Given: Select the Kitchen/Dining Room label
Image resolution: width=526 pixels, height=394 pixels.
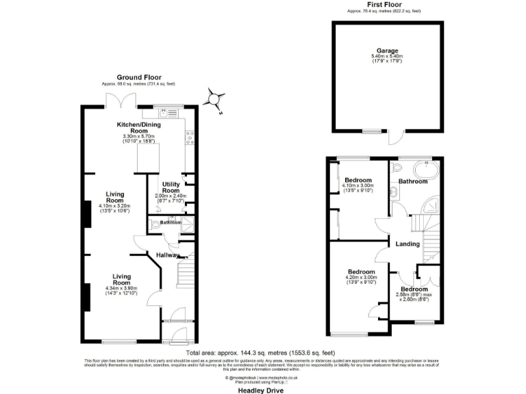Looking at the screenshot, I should click(x=140, y=127).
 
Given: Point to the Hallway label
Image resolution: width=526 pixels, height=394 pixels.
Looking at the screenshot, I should click(x=168, y=255).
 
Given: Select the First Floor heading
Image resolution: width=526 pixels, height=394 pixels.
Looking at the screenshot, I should click(x=384, y=5).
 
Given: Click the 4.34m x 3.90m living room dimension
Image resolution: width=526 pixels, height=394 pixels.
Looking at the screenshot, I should click(x=122, y=288).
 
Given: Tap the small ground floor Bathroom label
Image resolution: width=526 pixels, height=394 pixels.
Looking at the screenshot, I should click(x=171, y=222).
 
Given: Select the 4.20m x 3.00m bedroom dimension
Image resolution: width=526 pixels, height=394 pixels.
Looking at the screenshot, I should click(x=360, y=278).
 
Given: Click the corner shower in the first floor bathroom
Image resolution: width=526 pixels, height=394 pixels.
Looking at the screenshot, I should click(x=431, y=205).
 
